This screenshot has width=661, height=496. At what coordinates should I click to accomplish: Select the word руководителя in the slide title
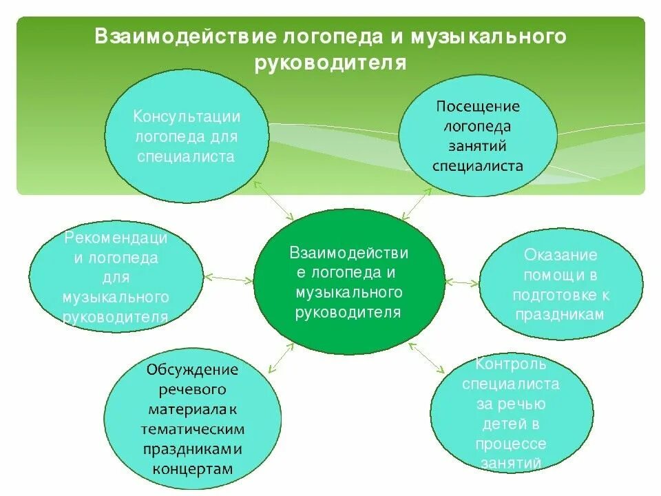click(x=330, y=63)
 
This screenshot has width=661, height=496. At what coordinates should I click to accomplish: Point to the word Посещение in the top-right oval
click(x=478, y=107)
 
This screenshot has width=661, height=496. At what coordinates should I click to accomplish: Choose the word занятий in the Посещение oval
click(x=478, y=146)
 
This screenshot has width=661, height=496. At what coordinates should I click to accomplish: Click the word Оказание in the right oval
click(x=560, y=255)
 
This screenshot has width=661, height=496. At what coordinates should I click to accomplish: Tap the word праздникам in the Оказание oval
click(x=560, y=313)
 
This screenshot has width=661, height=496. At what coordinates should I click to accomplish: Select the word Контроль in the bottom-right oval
click(x=511, y=364)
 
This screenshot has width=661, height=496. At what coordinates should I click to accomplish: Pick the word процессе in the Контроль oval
click(x=511, y=444)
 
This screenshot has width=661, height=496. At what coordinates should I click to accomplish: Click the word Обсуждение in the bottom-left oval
click(x=192, y=370)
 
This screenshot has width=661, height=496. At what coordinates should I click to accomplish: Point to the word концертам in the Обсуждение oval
click(x=192, y=468)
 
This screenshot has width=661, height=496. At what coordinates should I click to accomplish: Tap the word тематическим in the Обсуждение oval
click(x=192, y=429)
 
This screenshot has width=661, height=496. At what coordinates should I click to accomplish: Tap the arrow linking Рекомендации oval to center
click(x=229, y=278)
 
